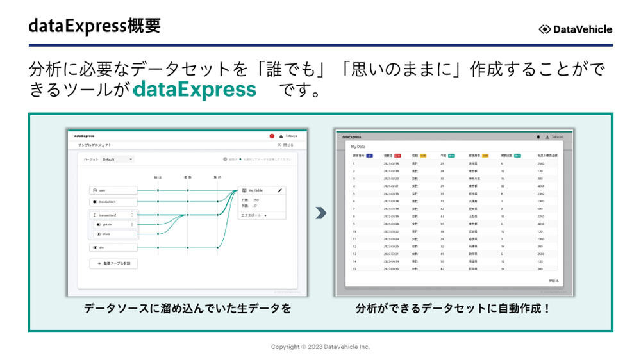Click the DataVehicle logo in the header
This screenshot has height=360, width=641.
click(575, 29)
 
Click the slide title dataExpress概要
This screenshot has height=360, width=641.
click(94, 26)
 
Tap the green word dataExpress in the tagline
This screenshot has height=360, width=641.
click(195, 90)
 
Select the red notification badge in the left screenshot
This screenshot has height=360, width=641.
click(272, 136)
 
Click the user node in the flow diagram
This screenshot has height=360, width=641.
click(113, 190)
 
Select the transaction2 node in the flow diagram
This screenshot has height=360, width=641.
click(113, 215)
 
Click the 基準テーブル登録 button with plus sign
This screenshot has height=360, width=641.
click(113, 263)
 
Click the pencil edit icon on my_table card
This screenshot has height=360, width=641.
click(279, 190)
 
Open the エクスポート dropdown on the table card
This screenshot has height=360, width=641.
click(254, 216)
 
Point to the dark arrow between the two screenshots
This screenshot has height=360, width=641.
click(321, 213)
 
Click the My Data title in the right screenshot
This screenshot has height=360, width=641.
click(358, 147)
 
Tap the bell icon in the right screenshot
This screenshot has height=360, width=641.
click(537, 136)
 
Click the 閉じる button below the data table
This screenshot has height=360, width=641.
click(553, 281)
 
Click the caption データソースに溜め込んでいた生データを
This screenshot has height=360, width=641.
click(187, 308)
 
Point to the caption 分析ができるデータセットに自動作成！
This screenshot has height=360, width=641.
click(453, 308)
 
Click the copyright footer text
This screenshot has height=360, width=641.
click(320, 347)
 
